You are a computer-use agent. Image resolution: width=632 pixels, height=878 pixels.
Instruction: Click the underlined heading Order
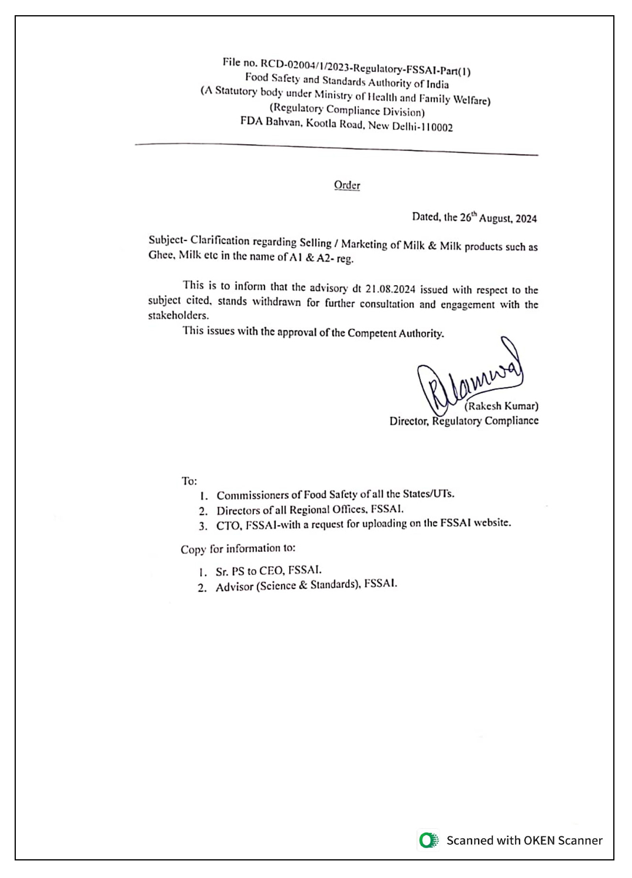(x=347, y=185)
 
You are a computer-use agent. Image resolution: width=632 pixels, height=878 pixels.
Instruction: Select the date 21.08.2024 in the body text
(x=390, y=289)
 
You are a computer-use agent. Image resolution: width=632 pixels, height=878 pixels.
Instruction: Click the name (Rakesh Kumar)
(x=502, y=406)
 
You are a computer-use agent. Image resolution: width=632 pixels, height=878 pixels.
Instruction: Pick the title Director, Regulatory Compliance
(x=464, y=421)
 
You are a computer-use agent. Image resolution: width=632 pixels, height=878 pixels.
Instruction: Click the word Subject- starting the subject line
(x=167, y=239)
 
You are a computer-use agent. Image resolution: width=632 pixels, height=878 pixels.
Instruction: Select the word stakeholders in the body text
(x=178, y=315)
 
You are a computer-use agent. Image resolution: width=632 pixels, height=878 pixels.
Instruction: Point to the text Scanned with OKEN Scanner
(x=524, y=841)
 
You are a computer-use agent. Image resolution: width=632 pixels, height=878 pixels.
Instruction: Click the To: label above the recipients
(x=189, y=481)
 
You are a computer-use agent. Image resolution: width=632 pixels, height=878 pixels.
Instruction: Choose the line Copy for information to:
(x=238, y=549)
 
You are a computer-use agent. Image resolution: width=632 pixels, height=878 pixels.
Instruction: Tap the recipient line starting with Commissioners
(x=335, y=495)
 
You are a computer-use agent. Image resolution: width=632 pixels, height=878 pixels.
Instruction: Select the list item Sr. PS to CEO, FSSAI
(x=269, y=571)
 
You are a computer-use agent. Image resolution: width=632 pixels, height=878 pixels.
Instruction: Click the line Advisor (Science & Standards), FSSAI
(x=306, y=585)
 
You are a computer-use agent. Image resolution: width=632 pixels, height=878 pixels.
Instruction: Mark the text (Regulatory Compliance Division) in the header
(x=347, y=110)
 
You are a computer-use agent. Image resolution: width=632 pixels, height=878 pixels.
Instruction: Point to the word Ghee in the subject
(x=161, y=255)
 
